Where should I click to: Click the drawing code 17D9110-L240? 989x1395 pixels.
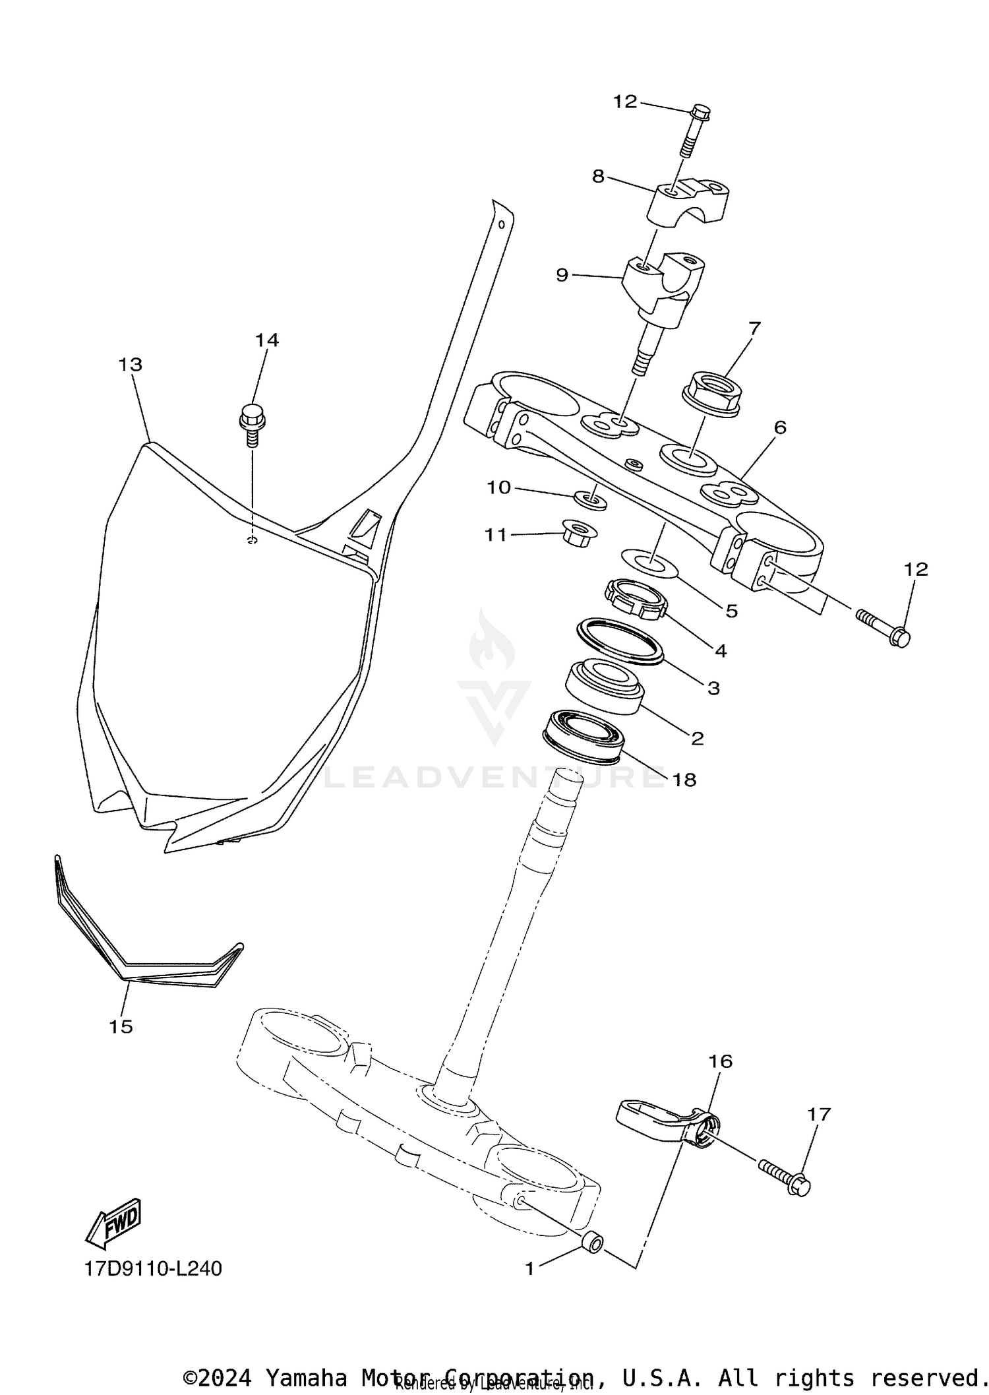point(153,1268)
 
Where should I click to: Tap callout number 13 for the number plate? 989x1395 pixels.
point(131,364)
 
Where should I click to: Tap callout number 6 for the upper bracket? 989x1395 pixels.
point(780,427)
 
